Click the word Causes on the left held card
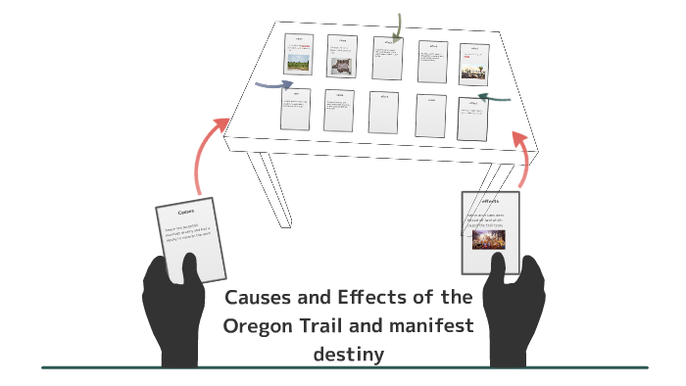(x=185, y=212)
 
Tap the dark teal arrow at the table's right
(x=499, y=98)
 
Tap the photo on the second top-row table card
(x=341, y=67)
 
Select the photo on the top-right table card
(x=473, y=69)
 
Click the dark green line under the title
(x=343, y=367)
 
